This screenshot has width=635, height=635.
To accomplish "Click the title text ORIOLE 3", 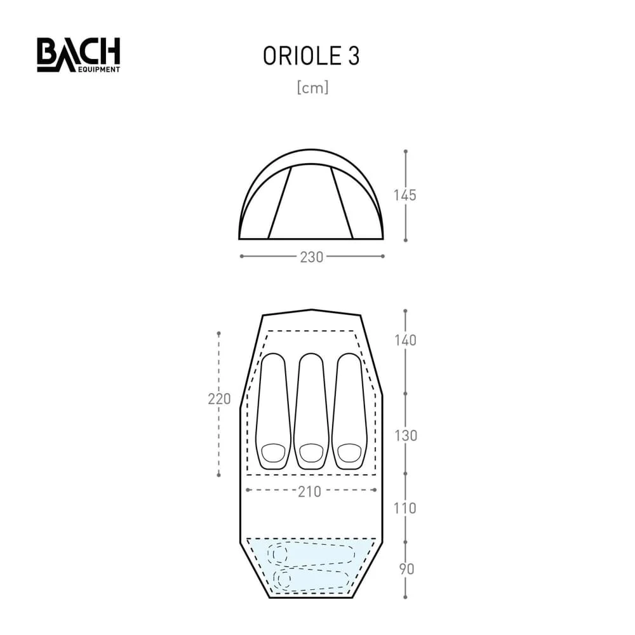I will pos(311,57).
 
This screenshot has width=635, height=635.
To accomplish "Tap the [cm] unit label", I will pos(312,88).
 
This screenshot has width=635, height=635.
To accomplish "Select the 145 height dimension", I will pos(404,196).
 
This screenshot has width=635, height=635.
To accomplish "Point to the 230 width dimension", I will pos(312,257).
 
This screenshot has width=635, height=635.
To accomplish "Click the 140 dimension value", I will pos(404,340).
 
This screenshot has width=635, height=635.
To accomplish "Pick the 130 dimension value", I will pos(404,436).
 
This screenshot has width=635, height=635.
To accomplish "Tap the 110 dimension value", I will pos(404,509).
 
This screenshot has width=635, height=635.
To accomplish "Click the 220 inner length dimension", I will pos(218,399).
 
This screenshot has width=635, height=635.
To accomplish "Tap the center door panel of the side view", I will pos(311,203).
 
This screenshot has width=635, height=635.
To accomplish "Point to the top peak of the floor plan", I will pos(312,310).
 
